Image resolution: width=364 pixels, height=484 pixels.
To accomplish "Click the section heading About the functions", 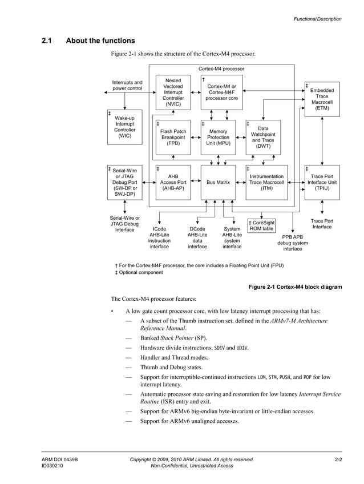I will coord(100,41).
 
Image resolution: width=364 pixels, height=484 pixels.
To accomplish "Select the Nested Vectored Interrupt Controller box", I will coord(173,92).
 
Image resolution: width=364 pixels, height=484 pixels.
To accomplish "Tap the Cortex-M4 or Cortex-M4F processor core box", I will coord(221,92).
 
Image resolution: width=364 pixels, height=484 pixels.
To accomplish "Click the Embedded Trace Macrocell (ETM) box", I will coord(322,99).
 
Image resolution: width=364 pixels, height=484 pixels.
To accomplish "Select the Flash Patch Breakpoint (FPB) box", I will coord(173,137).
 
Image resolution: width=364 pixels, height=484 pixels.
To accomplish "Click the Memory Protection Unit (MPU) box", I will coord(218,137).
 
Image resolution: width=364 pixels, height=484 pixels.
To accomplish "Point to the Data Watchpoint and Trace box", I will coord(263,138).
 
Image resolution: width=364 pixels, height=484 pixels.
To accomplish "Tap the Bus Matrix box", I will coord(218,183).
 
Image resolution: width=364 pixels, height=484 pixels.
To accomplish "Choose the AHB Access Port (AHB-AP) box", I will coord(173,183).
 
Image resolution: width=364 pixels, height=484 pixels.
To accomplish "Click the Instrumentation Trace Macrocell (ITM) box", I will coord(266,183).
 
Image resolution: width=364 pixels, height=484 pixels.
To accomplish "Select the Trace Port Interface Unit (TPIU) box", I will coord(322,183).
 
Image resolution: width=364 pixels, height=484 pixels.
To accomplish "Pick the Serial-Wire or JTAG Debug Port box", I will coord(124,183).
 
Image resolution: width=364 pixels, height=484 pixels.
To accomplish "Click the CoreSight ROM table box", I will coord(261,225).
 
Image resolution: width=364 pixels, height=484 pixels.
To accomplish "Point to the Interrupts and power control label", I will coord(127,86).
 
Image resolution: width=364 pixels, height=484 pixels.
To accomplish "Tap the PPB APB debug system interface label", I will coord(293,243).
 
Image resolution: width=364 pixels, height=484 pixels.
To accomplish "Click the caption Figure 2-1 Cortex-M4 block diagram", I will coord(296,287).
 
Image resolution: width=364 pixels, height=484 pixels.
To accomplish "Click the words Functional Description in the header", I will coord(317,19).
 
